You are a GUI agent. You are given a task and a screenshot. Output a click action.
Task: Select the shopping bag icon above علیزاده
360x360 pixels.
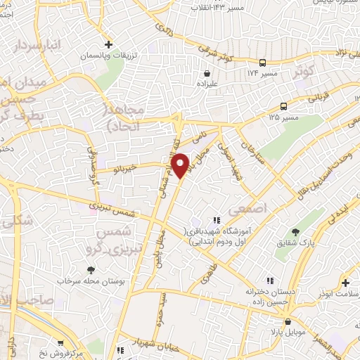pyautogui.click(x=207, y=72)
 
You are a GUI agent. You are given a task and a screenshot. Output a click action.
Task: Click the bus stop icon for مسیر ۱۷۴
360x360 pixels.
pyautogui.click(x=262, y=62)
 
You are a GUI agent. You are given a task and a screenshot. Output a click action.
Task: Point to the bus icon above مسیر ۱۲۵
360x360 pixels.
pyautogui.click(x=283, y=106)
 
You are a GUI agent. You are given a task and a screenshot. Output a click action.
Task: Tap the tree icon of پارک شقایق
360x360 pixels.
pyautogui.click(x=295, y=233)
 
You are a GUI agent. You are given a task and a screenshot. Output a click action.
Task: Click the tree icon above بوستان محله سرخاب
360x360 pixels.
pyautogui.click(x=91, y=269)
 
